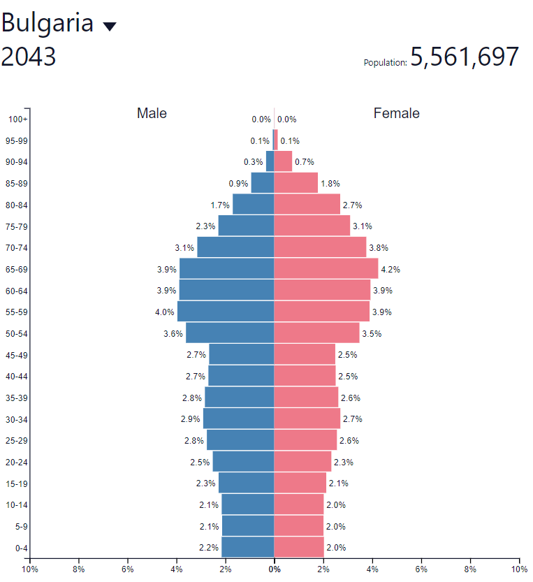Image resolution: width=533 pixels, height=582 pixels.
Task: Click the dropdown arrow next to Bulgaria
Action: [110, 27]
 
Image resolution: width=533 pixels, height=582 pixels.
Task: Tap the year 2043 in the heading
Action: [29, 57]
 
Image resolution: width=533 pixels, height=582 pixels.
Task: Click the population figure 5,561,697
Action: [465, 57]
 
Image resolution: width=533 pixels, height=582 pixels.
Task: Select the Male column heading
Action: [152, 113]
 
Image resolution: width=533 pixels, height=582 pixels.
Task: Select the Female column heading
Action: [397, 113]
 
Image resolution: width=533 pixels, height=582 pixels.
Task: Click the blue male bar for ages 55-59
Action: [226, 312]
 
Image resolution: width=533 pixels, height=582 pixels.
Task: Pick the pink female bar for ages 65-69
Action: [326, 269]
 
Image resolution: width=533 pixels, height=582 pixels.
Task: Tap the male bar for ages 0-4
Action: [247, 547]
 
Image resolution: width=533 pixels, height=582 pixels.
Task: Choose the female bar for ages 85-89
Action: [295, 183]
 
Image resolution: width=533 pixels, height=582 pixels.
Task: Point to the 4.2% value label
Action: [389, 270]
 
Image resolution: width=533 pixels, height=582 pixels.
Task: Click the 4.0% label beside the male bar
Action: [165, 312]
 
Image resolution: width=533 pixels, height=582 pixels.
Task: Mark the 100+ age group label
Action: [17, 119]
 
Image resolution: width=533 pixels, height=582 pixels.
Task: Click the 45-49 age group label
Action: [17, 355]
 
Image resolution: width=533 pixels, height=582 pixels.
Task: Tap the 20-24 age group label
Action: [17, 462]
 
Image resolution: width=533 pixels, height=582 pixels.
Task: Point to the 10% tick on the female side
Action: [519, 569]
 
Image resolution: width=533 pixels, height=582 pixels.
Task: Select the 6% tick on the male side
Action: [128, 569]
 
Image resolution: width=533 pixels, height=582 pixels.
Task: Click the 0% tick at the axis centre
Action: [275, 569]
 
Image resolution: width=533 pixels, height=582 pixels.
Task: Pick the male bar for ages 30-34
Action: [238, 419]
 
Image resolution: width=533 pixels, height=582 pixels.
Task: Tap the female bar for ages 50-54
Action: [316, 333]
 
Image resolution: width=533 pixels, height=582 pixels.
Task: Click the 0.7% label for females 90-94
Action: [305, 162]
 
